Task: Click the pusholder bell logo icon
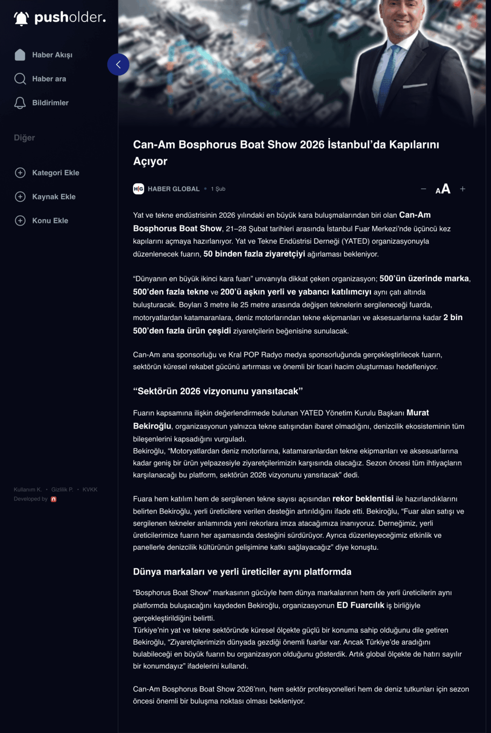tap(21, 19)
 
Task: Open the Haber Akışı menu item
tap(52, 55)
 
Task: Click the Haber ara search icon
tap(20, 79)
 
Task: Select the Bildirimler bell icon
tap(20, 103)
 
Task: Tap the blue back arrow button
tap(118, 64)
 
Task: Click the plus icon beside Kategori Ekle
tap(20, 173)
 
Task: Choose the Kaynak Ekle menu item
tap(53, 197)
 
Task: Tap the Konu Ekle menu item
tap(50, 220)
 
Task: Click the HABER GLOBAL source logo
tap(138, 189)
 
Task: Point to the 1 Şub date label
tap(218, 189)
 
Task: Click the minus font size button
tap(423, 189)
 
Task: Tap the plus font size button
tap(462, 189)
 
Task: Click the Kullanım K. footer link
tap(28, 490)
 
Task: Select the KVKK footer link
tap(90, 490)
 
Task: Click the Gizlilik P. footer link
tap(62, 490)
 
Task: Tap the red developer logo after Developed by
tap(53, 499)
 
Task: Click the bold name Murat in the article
tap(418, 413)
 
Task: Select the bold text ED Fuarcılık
tap(360, 605)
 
